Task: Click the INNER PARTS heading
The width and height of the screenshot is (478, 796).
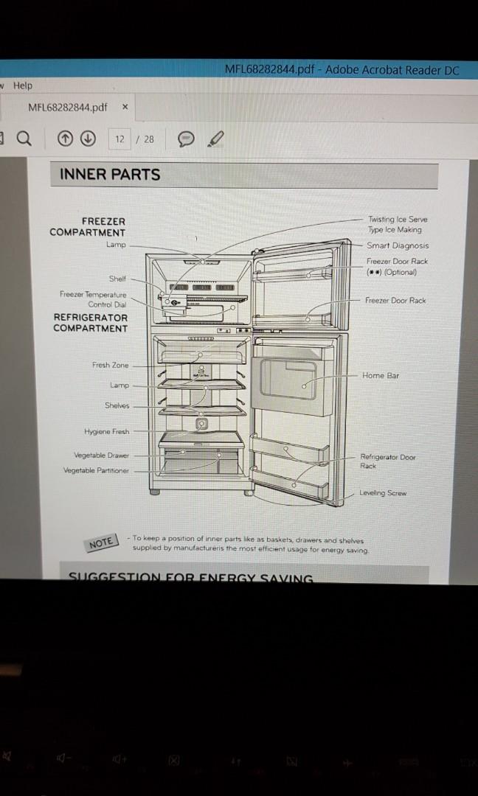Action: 110,175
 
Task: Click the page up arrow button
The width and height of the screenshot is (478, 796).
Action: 66,139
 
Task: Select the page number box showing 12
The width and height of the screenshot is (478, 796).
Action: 119,139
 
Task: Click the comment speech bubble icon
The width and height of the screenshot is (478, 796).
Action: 187,139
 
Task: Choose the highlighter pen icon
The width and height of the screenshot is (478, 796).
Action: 216,139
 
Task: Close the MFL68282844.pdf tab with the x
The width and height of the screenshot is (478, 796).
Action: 125,107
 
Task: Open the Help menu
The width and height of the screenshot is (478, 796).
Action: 22,85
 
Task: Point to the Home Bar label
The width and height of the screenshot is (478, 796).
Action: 380,375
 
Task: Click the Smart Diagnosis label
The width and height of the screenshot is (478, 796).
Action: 398,245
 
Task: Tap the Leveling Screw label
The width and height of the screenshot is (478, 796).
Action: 383,493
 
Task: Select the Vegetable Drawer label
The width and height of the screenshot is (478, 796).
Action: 101,455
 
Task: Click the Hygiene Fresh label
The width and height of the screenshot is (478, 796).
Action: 106,431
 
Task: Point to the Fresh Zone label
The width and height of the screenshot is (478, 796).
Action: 110,365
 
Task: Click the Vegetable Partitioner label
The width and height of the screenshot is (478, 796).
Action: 96,470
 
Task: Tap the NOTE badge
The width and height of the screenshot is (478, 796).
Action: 101,542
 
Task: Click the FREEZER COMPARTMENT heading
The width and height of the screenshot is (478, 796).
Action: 88,226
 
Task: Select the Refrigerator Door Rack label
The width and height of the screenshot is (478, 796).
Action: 387,461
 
